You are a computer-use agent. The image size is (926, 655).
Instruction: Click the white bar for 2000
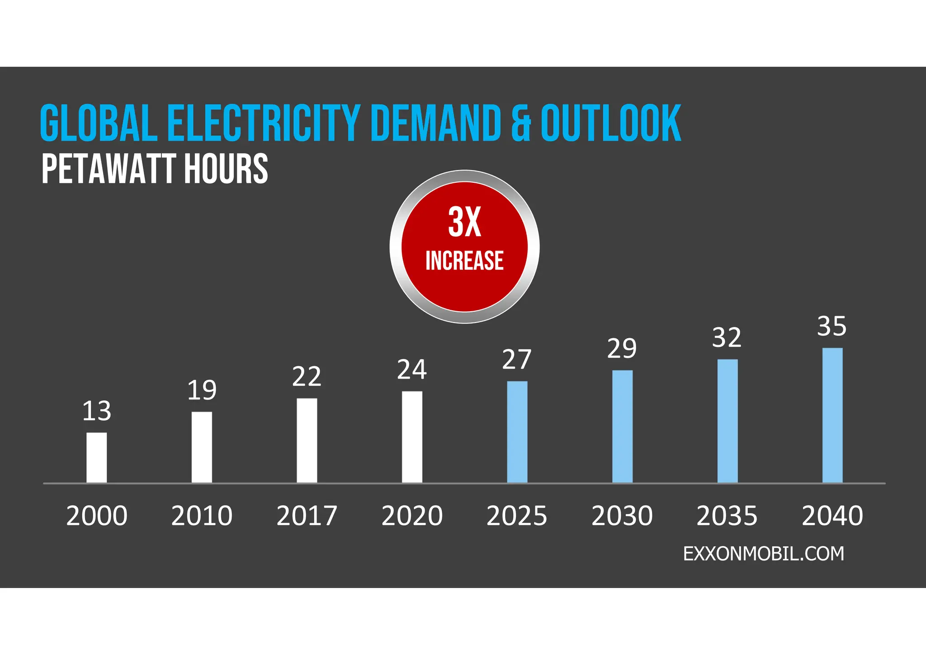click(x=97, y=457)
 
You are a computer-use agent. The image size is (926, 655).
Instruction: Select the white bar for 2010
click(x=202, y=447)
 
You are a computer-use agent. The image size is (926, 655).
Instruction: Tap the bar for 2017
click(x=307, y=440)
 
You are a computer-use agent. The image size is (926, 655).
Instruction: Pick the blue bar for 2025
click(x=517, y=432)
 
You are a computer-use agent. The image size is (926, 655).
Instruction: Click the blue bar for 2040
click(x=832, y=415)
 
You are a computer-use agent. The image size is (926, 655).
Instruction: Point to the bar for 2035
click(x=727, y=421)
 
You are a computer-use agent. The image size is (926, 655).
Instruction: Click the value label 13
click(x=97, y=411)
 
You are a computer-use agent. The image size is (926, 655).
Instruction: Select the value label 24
click(x=412, y=370)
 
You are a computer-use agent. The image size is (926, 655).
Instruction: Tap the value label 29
click(x=622, y=348)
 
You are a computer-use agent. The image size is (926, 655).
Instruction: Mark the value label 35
click(x=832, y=326)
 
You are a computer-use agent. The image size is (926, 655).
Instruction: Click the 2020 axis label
click(x=412, y=516)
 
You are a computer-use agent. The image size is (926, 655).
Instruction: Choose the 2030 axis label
click(x=622, y=516)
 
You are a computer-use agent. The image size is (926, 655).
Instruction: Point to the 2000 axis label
click(x=97, y=516)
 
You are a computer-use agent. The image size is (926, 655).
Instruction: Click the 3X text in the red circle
click(x=464, y=222)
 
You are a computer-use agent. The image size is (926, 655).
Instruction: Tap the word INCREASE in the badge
click(x=464, y=261)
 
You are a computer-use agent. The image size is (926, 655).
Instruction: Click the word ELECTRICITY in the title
click(x=264, y=123)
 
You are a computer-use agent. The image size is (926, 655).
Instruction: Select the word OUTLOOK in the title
click(x=611, y=123)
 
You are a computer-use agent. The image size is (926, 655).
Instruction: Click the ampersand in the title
click(x=521, y=123)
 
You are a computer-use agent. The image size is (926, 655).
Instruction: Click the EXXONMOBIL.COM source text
click(x=763, y=554)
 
